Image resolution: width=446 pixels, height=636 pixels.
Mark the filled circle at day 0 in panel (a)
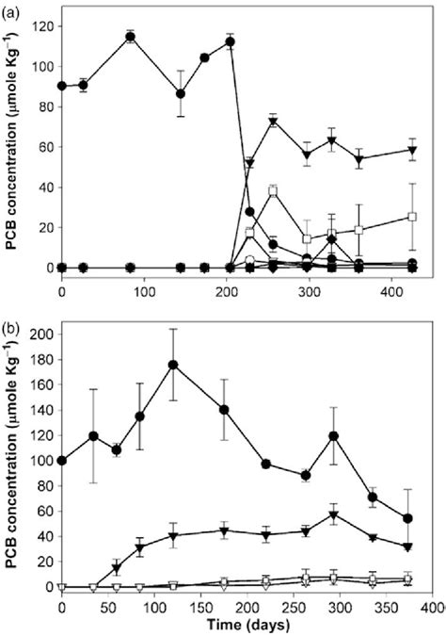pos(62,86)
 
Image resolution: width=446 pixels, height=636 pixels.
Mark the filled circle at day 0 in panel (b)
pos(62,461)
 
